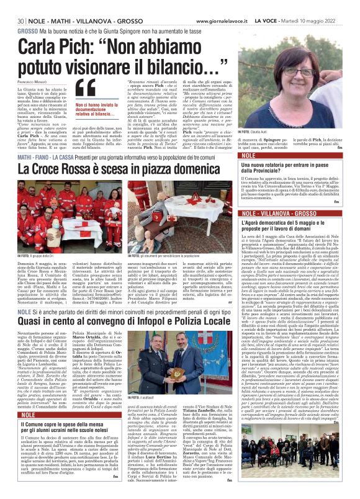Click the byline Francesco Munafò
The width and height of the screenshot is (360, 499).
tap(34, 82)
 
